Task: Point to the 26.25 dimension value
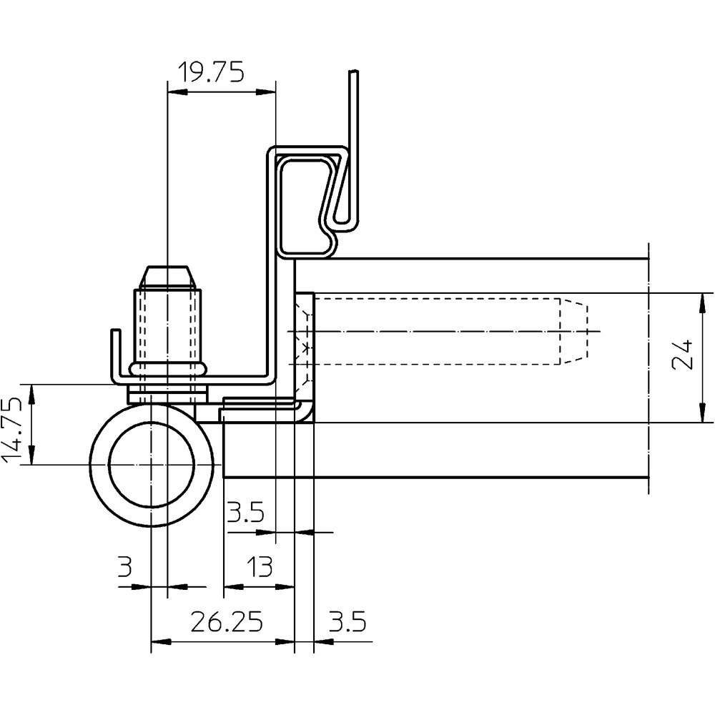[226, 623]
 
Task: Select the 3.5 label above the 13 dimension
[245, 512]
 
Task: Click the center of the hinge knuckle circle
[152, 465]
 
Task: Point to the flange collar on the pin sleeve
[167, 369]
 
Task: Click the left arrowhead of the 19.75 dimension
[174, 91]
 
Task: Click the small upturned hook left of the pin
[114, 354]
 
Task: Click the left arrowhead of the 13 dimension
[230, 587]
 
